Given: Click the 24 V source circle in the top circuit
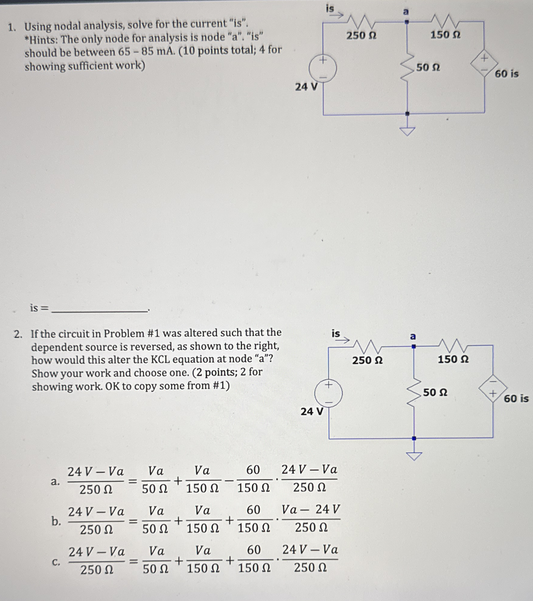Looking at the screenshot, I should (x=323, y=69).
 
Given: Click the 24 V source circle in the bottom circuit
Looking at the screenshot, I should (x=328, y=394).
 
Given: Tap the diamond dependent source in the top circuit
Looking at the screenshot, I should (x=484, y=64).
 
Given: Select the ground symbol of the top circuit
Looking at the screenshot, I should (x=407, y=131).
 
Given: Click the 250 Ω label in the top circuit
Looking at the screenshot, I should (x=361, y=36).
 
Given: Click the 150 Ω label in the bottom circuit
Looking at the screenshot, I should (x=453, y=359).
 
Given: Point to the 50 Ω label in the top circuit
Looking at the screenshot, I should (x=428, y=67).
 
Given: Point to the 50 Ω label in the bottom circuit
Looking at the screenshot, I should (x=435, y=392).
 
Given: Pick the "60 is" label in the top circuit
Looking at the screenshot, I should (x=506, y=74).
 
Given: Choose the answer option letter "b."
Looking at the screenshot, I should (x=56, y=521).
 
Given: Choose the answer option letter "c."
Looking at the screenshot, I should (x=56, y=562).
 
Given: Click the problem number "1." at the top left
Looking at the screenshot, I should (x=12, y=27).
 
